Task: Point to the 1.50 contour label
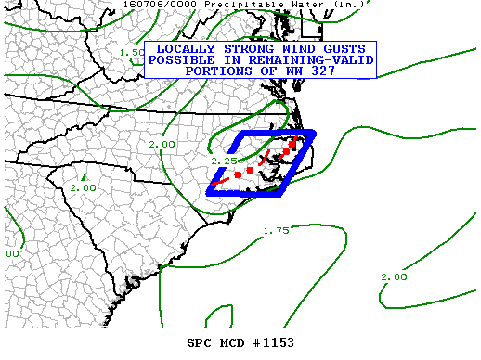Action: point(132,52)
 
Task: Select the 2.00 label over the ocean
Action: point(394,276)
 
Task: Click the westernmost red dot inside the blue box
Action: point(238,174)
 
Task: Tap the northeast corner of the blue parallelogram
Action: point(314,133)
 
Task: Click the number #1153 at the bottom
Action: point(271,342)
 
